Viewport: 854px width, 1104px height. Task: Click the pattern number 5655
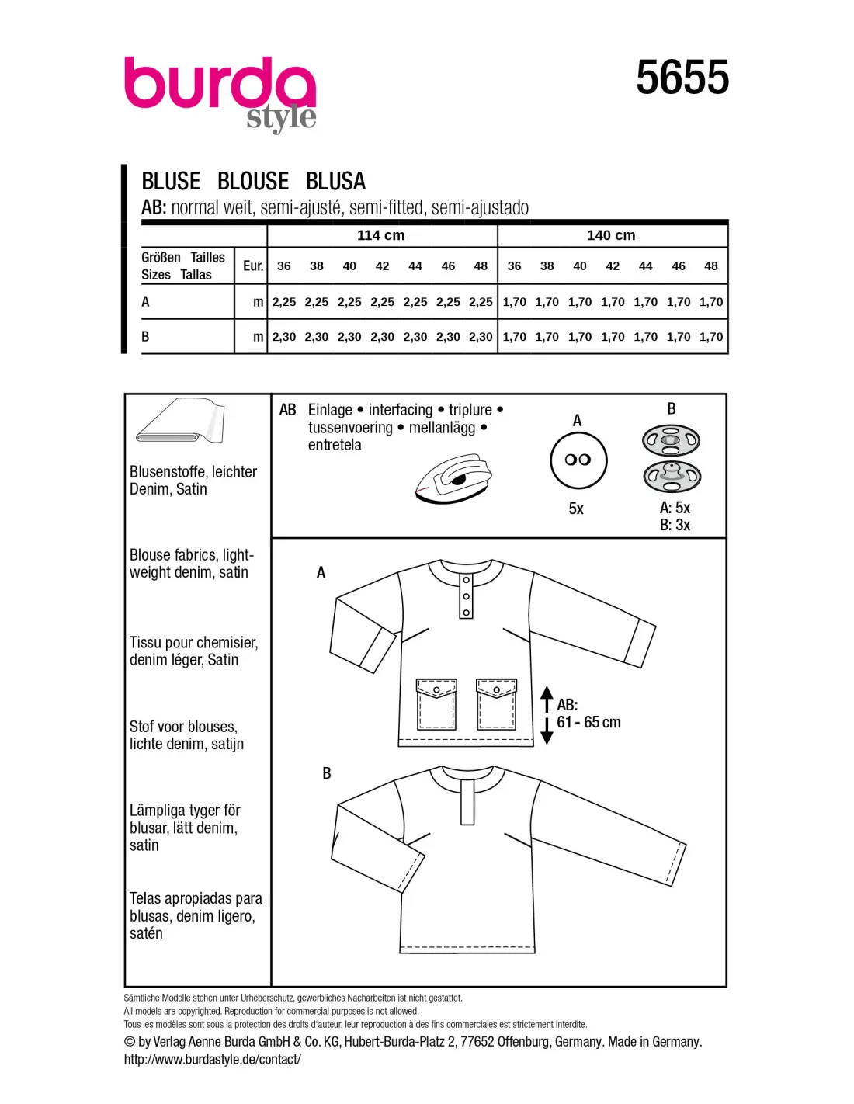click(682, 78)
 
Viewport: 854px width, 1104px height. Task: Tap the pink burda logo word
click(220, 84)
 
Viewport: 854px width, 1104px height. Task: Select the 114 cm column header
click(380, 235)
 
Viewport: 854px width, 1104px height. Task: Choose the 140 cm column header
click(611, 235)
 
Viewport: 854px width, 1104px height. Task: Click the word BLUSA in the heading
click(335, 182)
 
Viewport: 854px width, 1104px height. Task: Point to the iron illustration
click(454, 480)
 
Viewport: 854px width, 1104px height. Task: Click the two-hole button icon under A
click(578, 460)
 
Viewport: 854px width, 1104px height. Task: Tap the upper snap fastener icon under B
click(672, 441)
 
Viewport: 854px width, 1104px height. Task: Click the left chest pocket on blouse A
click(436, 704)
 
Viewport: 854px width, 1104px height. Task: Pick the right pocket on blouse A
click(497, 704)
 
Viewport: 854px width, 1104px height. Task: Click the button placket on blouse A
click(466, 595)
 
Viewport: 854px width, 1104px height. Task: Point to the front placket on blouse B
click(467, 800)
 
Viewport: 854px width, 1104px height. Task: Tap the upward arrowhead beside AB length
click(547, 693)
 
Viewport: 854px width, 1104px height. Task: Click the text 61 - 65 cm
click(588, 723)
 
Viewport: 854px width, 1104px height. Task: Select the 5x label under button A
click(576, 509)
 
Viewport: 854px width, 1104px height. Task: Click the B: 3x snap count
click(675, 526)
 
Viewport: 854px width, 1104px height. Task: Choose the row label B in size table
click(145, 337)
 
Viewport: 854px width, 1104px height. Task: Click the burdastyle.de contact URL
click(212, 1059)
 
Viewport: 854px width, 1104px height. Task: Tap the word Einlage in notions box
click(330, 410)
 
